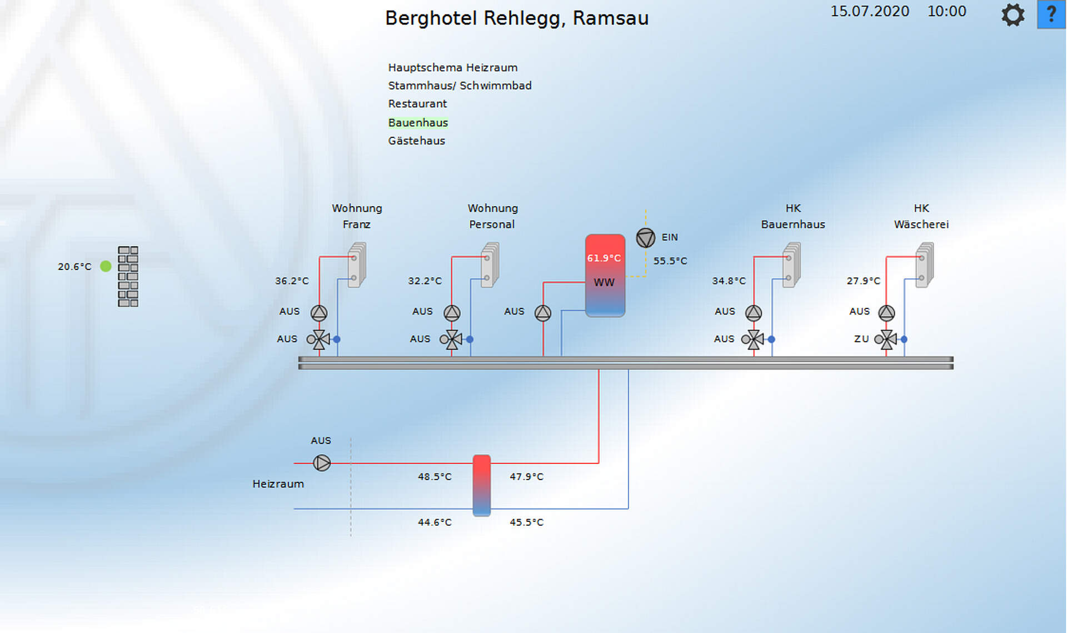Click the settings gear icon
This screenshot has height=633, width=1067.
(1013, 15)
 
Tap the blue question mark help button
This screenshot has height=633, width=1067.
(1051, 14)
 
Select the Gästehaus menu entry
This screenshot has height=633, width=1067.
(416, 141)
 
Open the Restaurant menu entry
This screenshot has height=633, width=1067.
(417, 104)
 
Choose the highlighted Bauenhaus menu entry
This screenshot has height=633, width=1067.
(418, 122)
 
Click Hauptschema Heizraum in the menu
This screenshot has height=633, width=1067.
(452, 68)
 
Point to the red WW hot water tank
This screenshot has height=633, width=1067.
(605, 276)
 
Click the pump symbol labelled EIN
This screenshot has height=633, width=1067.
(645, 238)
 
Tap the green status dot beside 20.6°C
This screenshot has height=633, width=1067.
(106, 266)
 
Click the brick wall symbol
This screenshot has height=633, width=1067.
(128, 276)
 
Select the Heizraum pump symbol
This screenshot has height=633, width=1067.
(322, 463)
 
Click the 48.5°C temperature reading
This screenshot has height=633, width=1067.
(435, 477)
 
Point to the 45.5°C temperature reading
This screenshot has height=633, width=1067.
(526, 522)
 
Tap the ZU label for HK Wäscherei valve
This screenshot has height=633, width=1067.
(861, 339)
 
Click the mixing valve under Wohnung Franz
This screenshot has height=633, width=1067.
(319, 339)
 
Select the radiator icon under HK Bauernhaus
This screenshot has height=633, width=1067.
(791, 265)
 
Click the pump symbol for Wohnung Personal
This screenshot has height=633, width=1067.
(452, 313)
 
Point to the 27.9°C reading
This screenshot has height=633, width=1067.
(863, 281)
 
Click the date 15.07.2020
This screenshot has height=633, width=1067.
(870, 12)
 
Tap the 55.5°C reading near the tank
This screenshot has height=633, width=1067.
(670, 261)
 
